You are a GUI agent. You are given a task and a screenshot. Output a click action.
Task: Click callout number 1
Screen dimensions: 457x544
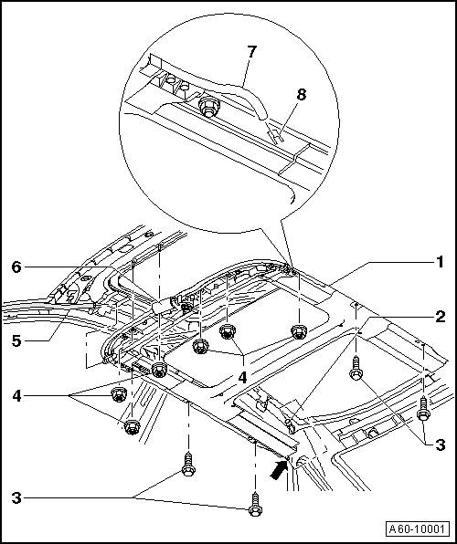[440, 262]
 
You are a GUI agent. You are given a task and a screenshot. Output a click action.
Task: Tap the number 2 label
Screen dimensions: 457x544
[441, 317]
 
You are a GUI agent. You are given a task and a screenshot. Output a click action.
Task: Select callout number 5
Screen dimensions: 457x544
[16, 341]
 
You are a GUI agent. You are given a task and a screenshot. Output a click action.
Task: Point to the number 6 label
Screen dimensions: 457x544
[16, 267]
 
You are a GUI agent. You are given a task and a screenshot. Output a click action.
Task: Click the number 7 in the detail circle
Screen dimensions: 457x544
[251, 52]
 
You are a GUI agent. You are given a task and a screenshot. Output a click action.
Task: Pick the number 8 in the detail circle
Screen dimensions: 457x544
[302, 94]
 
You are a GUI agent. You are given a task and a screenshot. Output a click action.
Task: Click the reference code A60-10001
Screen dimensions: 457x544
[417, 529]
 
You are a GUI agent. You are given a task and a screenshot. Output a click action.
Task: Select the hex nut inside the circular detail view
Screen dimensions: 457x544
[207, 106]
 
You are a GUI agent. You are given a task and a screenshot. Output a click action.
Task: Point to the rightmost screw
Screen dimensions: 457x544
[423, 409]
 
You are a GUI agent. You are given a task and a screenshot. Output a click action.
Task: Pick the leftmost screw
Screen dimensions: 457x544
[188, 464]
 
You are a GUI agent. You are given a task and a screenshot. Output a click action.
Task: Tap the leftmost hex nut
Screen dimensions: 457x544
[119, 394]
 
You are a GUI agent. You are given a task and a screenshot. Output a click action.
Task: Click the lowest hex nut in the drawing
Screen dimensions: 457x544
[132, 427]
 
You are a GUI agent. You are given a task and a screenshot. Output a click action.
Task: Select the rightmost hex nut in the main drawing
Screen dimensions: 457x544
[298, 331]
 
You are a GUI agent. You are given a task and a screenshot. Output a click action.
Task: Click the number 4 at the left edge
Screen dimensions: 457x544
[16, 396]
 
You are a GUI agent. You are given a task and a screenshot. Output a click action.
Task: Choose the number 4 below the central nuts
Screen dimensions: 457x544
[242, 377]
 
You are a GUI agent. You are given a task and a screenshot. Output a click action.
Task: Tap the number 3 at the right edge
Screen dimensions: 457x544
[441, 445]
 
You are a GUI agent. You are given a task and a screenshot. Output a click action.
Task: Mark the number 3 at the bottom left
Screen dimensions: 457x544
[16, 498]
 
